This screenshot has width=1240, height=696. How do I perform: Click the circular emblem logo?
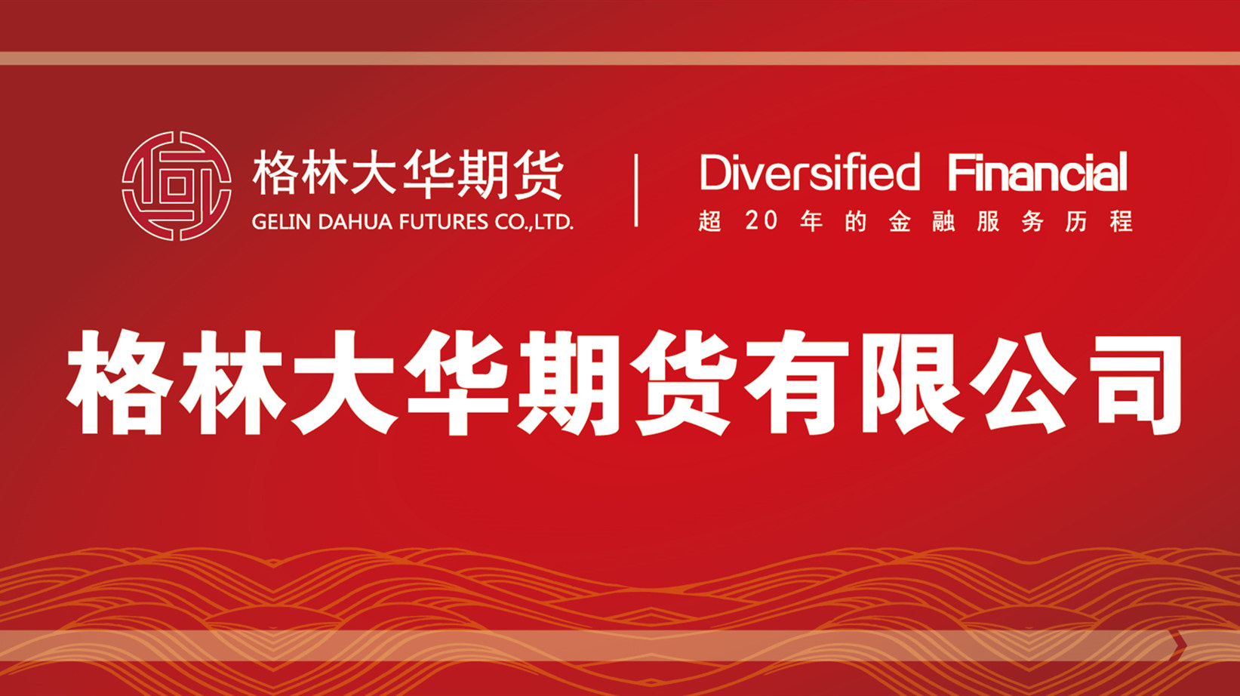[177, 186]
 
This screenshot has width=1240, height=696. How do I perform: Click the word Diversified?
[810, 172]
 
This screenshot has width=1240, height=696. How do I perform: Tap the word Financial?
[1038, 171]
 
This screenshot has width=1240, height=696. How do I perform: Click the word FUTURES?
[444, 222]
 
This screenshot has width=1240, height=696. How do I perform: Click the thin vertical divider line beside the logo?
[636, 190]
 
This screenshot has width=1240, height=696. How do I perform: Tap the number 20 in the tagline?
[762, 221]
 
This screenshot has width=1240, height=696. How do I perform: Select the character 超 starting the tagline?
[709, 221]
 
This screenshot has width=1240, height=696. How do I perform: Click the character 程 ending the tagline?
[1121, 221]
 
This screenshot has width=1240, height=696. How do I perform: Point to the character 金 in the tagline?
[900, 221]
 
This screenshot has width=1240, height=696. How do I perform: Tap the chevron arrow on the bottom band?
[1179, 645]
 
